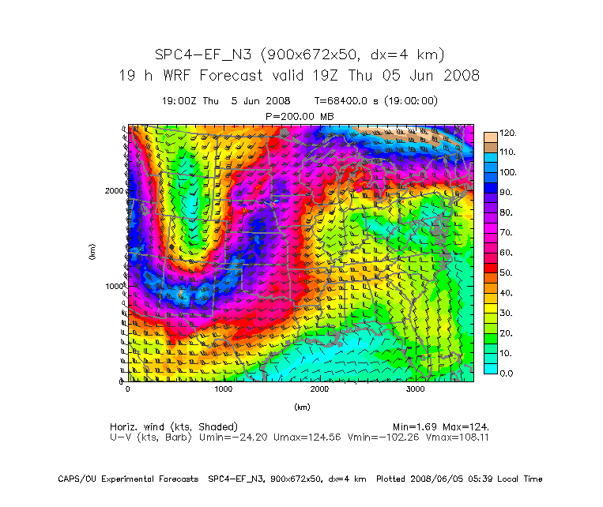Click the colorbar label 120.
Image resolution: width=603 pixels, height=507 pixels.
pyautogui.click(x=507, y=133)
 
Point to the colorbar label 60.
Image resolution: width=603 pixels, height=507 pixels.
pyautogui.click(x=505, y=253)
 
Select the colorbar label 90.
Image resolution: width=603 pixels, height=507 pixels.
pyautogui.click(x=505, y=193)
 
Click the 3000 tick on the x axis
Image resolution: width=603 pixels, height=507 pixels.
pyautogui.click(x=416, y=389)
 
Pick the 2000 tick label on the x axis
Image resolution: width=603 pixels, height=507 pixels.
pyautogui.click(x=319, y=389)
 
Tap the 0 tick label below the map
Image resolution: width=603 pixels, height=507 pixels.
pyautogui.click(x=128, y=389)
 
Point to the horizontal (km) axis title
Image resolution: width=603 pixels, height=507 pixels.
pyautogui.click(x=302, y=407)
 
